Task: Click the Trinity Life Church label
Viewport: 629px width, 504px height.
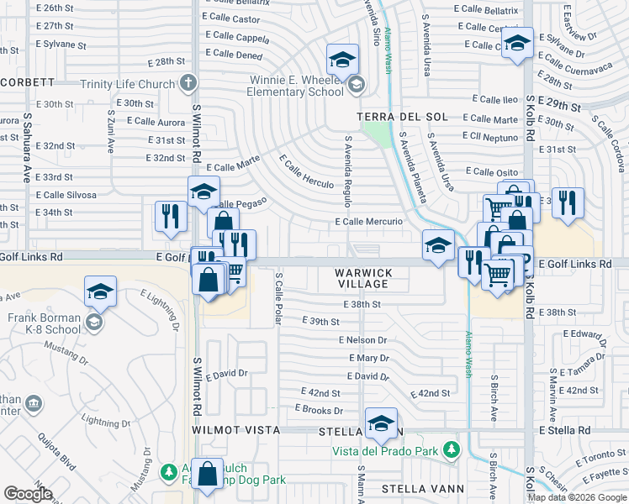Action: click(x=127, y=84)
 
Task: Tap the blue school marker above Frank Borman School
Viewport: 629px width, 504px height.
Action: click(x=100, y=292)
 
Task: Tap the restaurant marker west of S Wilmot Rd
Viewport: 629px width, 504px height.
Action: click(x=171, y=215)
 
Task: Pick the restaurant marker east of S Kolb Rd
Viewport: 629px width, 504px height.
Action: click(x=568, y=204)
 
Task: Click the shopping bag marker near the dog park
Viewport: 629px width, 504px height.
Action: click(x=207, y=474)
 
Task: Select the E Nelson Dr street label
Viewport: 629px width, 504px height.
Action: click(x=362, y=340)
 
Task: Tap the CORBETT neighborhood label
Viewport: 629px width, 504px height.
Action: click(x=27, y=82)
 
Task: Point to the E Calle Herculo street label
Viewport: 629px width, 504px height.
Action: click(x=307, y=171)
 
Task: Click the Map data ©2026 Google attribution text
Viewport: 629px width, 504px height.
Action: click(x=577, y=496)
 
